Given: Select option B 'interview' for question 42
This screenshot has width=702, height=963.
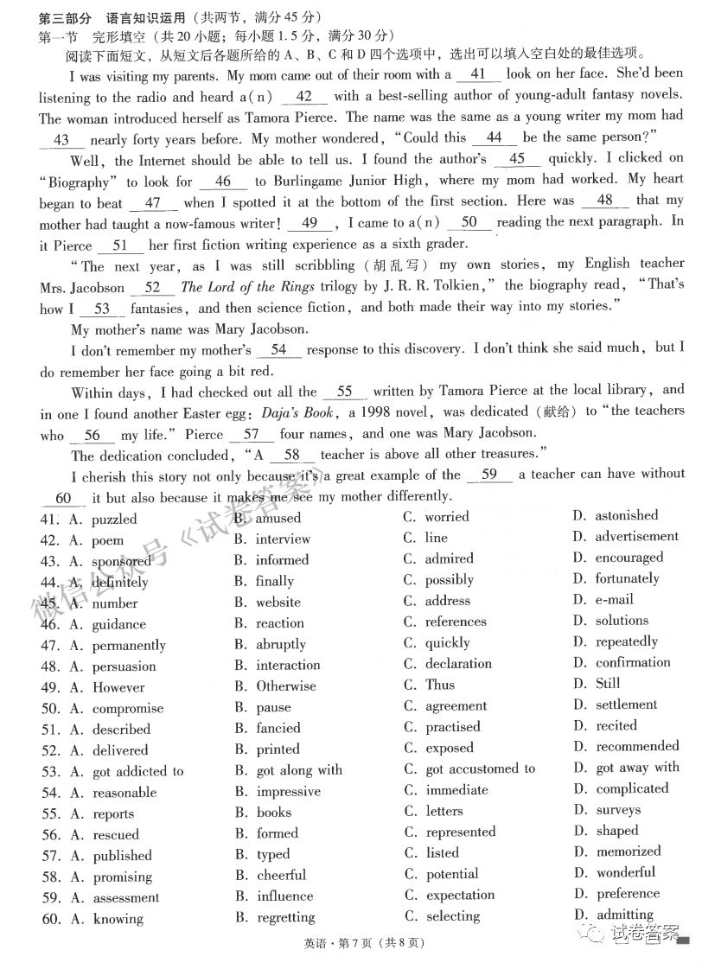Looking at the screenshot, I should (282, 539).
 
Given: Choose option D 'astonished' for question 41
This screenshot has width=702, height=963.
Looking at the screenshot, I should (626, 515).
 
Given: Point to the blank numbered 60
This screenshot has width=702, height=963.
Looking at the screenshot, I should (62, 498).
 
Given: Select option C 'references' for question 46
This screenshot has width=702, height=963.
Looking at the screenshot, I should (456, 622).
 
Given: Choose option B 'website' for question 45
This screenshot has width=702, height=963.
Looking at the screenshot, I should (278, 602).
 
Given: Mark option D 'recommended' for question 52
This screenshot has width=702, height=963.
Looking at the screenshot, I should (637, 746).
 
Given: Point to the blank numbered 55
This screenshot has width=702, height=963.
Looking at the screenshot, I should (345, 392).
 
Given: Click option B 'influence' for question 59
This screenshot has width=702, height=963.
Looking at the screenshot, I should (284, 896).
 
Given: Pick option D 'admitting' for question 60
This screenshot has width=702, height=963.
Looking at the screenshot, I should (624, 915).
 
